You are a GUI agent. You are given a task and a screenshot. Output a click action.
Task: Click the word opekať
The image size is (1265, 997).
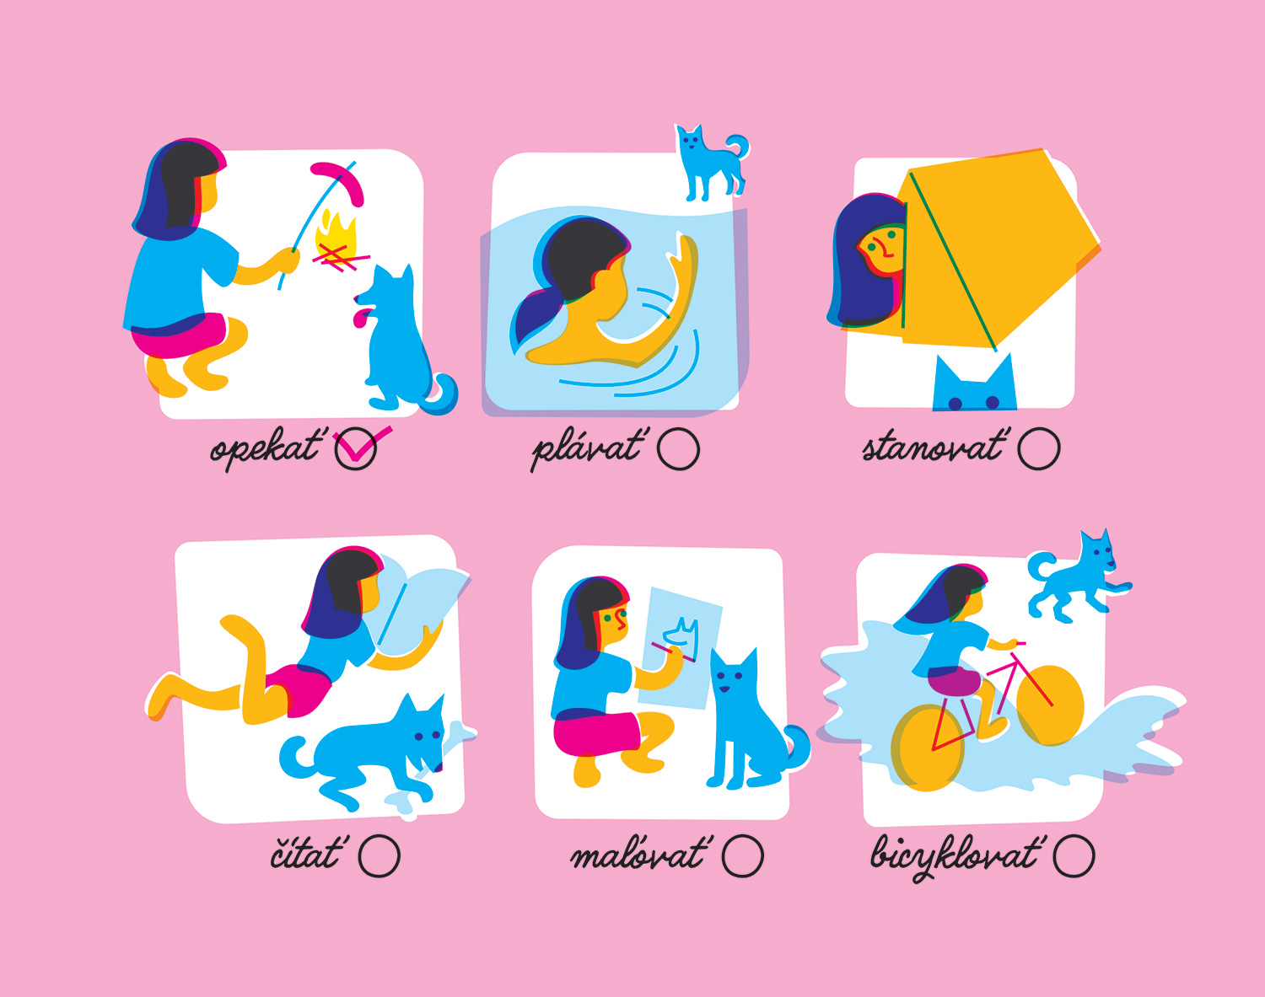pos(266,449)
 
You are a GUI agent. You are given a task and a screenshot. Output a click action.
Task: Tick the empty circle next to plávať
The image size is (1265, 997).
pos(678,449)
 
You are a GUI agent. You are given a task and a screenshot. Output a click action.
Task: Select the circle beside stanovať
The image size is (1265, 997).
pos(1039,449)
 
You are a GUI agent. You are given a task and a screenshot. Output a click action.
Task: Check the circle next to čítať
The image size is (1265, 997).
pos(379,856)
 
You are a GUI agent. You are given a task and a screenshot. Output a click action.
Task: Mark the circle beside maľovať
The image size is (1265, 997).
pos(742,856)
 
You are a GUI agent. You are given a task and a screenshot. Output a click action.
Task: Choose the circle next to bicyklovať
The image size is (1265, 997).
pos(1074,856)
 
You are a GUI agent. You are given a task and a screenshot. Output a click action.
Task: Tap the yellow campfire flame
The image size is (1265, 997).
pos(336,238)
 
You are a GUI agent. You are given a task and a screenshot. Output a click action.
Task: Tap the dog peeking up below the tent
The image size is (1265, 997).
pos(974,385)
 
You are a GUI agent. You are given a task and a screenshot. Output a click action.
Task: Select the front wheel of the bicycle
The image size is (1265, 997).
pos(1050,705)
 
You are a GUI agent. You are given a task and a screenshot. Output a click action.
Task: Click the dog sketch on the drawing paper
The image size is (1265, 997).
pos(681,637)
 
